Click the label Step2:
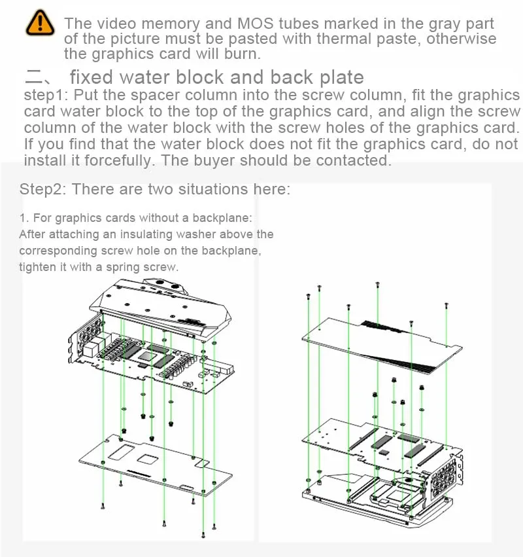[x=43, y=190]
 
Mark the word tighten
[x=37, y=266]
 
